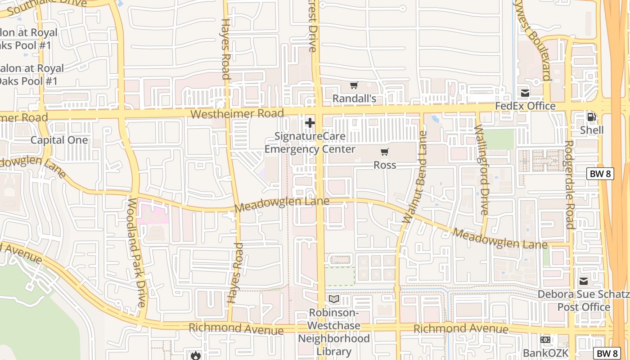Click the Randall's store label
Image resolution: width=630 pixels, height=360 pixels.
coord(354,98)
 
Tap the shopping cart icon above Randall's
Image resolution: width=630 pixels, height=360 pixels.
coord(354,85)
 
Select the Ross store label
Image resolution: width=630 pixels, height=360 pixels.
coord(385,165)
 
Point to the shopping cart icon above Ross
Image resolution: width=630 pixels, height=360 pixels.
coord(385,152)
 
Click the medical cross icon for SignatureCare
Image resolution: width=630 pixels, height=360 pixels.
coord(310,123)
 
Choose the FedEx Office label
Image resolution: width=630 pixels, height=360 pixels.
coord(525,106)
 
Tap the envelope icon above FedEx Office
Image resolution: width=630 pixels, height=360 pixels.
coord(525,93)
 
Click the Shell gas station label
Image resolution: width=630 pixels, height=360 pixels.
coord(591,130)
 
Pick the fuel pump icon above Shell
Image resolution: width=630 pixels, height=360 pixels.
coord(591,117)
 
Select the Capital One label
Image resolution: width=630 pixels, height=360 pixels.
coord(59,140)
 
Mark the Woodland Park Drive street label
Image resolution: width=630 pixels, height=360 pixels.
coord(135,252)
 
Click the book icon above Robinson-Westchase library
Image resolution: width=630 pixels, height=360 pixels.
coord(334,299)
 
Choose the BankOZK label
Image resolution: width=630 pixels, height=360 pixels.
coord(545,353)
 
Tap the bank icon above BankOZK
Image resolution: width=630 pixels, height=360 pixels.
coord(545,340)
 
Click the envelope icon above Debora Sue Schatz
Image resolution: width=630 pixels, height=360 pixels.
coord(584,282)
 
